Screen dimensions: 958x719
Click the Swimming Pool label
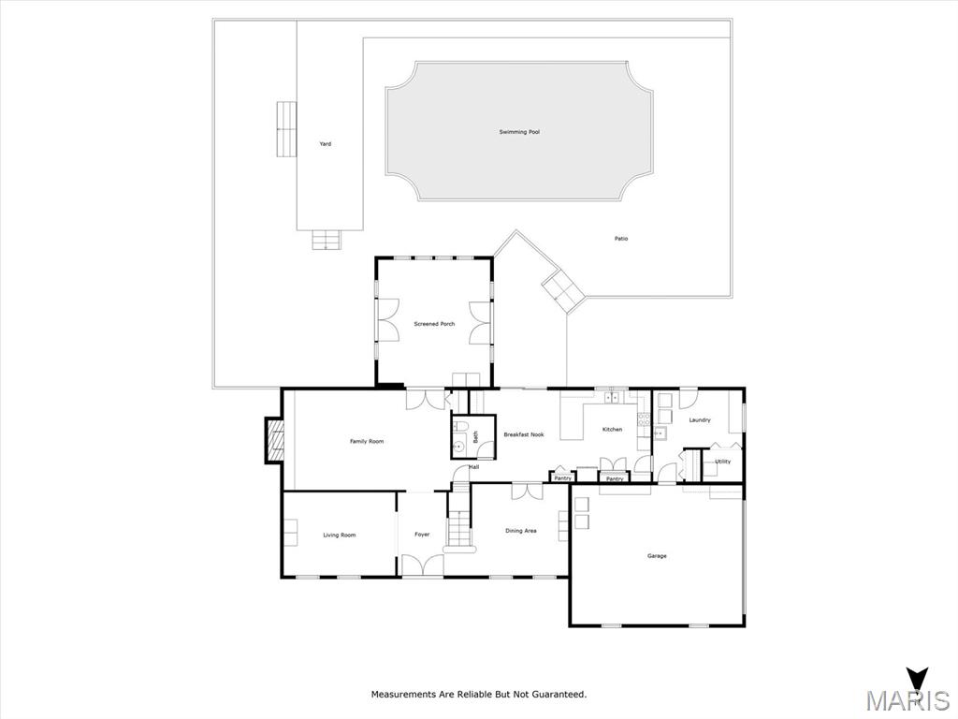519,132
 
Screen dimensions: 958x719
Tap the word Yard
326,143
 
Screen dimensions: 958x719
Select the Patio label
621,239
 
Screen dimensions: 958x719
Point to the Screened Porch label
434,324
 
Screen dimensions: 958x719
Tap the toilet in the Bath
460,427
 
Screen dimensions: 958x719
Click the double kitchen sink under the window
612,399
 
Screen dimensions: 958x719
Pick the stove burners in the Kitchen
644,419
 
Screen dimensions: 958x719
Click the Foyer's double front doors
422,565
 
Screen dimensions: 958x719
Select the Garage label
657,556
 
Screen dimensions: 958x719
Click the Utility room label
723,462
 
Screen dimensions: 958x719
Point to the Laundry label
700,420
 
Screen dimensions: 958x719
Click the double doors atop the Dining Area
527,491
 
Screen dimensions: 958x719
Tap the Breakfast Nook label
524,434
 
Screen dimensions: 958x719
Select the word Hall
474,467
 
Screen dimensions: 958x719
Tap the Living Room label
339,535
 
